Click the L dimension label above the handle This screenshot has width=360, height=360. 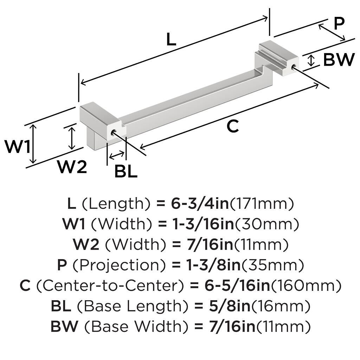click(x=171, y=40)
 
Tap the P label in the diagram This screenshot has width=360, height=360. click(x=339, y=24)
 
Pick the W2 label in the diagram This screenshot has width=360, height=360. click(x=72, y=167)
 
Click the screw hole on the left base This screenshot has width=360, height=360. click(x=113, y=133)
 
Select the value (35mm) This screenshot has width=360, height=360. click(x=273, y=265)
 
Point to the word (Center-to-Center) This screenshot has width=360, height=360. click(x=110, y=286)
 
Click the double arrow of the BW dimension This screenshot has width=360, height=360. click(x=311, y=60)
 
